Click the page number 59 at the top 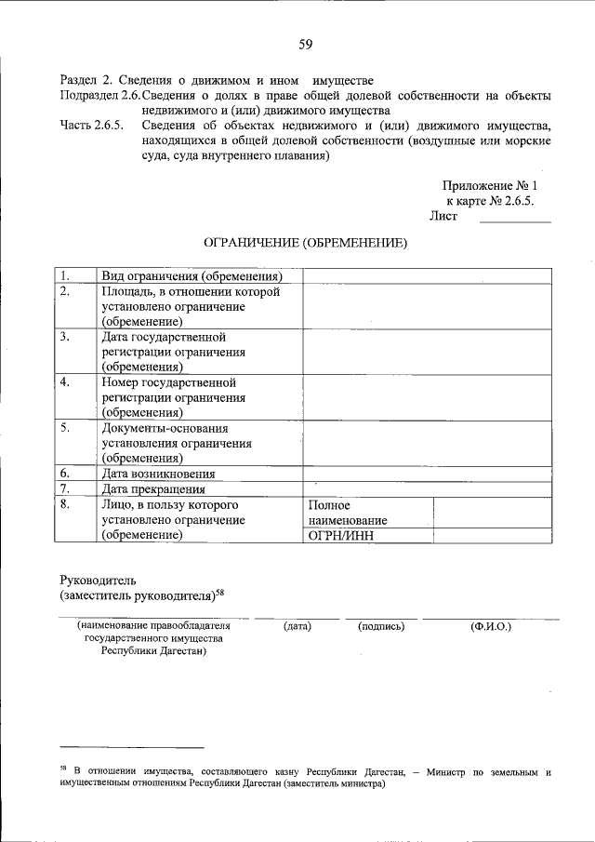pyautogui.click(x=305, y=43)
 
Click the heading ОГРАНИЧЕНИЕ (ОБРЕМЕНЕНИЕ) pyautogui.click(x=305, y=243)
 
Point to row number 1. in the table pyautogui.click(x=65, y=276)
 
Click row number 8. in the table pyautogui.click(x=65, y=504)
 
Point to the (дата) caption pyautogui.click(x=297, y=626)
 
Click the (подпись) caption pyautogui.click(x=381, y=626)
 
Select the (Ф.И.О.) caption pyautogui.click(x=491, y=626)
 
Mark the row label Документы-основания pyautogui.click(x=165, y=428)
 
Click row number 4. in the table pyautogui.click(x=65, y=381)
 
